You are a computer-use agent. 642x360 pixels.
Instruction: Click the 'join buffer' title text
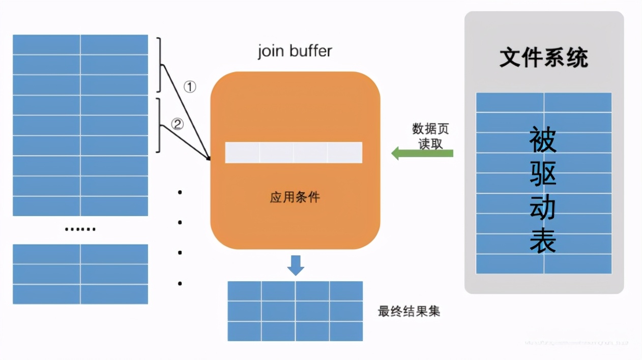point(295,51)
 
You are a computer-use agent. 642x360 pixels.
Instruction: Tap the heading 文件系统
point(543,58)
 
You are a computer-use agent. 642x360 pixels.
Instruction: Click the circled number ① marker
point(189,87)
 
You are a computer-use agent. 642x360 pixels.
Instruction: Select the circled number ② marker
point(177,124)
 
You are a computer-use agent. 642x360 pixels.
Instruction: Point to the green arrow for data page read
point(422,153)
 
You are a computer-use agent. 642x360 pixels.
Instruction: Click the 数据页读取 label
point(430,136)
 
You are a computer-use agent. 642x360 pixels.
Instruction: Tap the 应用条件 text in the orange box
point(295,197)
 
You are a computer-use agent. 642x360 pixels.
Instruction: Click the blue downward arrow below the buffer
point(295,265)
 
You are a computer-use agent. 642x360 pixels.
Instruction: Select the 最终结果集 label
point(408,311)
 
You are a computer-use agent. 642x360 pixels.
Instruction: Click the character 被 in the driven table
point(543,140)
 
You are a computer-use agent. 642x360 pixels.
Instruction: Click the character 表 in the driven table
point(543,240)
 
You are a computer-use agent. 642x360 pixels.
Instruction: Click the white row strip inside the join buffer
point(294,153)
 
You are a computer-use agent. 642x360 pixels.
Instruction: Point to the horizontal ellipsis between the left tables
point(80,229)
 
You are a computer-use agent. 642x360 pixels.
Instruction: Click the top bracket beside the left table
point(160,65)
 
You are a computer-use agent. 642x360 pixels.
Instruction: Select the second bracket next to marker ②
point(160,125)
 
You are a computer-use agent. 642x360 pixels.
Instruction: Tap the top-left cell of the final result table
point(244,291)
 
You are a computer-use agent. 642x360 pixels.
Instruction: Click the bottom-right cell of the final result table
point(346,331)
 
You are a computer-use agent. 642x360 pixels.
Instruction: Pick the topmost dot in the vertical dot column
point(180,192)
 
